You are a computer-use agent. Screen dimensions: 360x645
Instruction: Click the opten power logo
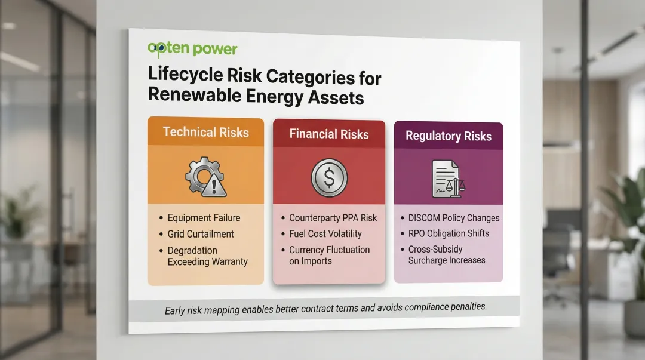point(192,49)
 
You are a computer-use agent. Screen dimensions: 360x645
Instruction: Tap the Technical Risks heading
point(205,132)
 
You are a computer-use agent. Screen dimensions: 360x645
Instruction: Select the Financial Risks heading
point(329,134)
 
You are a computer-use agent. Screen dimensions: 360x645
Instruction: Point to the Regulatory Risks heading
point(449,136)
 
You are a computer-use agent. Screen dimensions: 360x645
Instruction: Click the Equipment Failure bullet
point(202,219)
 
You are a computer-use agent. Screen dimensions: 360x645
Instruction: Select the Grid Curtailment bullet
point(201,234)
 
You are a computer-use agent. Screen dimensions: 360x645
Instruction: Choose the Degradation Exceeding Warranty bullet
point(207,256)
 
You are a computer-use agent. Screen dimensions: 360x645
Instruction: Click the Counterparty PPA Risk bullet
point(333,218)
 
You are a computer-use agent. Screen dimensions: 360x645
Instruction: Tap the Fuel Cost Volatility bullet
point(325,233)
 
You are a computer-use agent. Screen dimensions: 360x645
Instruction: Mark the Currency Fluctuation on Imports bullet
point(329,256)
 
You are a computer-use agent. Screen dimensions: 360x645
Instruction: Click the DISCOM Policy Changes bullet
point(454,218)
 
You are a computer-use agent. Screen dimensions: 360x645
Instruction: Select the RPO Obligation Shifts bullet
point(449,233)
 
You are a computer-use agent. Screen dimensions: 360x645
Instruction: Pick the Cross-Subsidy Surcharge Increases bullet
point(447,255)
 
